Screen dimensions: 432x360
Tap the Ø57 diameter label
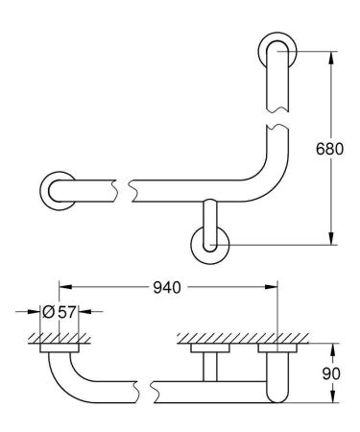[59, 312]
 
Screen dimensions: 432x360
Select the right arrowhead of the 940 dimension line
[274, 287]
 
